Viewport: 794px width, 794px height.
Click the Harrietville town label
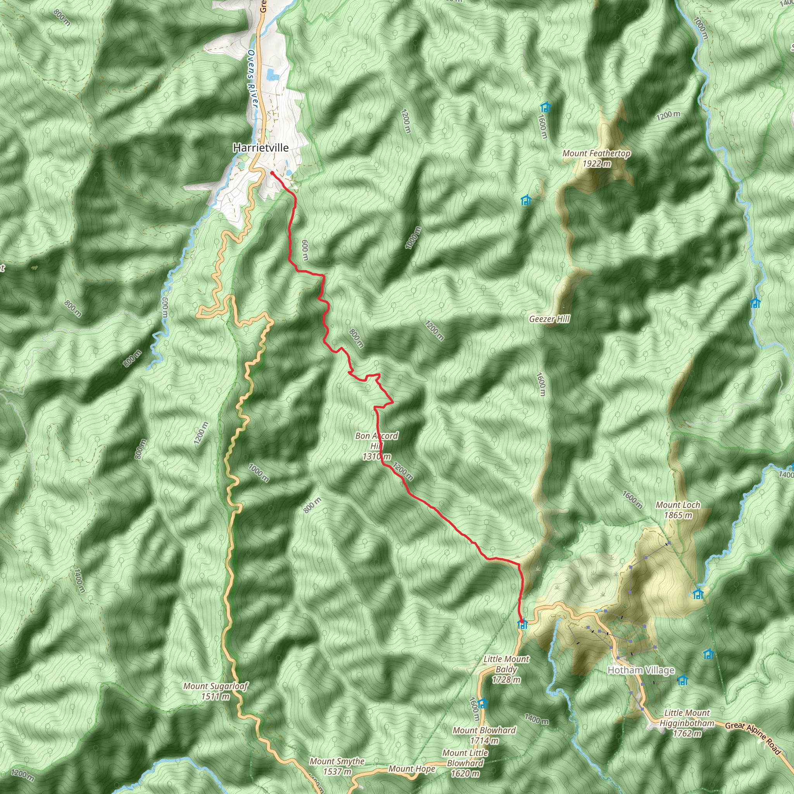[x=261, y=148]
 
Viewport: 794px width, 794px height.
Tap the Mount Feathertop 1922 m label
[x=596, y=158]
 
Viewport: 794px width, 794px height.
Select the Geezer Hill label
[x=549, y=319]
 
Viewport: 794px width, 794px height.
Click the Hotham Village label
[x=641, y=670]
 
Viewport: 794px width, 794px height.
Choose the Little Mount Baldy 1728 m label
[x=506, y=669]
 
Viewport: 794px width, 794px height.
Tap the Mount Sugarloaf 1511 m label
[x=215, y=691]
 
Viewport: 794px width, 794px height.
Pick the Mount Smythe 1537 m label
[x=337, y=766]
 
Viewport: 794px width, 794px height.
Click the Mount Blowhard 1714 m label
[x=484, y=735]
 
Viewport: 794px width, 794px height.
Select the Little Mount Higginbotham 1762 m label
[x=687, y=723]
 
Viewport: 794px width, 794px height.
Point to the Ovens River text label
[x=252, y=79]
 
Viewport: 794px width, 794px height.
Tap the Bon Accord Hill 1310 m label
[x=376, y=446]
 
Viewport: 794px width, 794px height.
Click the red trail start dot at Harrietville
[x=272, y=173]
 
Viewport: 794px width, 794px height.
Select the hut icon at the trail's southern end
[x=522, y=625]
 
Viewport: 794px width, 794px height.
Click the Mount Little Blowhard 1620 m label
[x=465, y=763]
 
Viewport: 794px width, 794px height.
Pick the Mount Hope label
[x=412, y=769]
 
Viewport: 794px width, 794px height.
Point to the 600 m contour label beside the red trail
[x=304, y=250]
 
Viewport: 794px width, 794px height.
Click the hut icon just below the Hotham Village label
[x=683, y=680]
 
